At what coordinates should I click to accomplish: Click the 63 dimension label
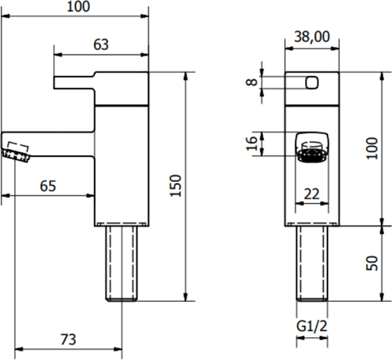click(x=101, y=45)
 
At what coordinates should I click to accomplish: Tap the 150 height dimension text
click(x=176, y=185)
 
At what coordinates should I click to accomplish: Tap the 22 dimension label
click(x=312, y=194)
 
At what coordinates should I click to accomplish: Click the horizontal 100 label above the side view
click(x=78, y=7)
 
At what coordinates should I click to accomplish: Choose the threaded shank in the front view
click(x=312, y=262)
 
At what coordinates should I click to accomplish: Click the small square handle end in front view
click(x=312, y=82)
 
